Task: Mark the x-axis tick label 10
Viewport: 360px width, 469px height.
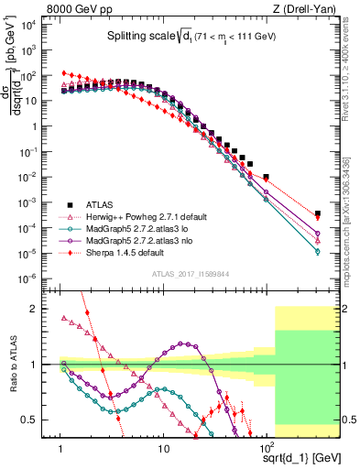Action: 163,450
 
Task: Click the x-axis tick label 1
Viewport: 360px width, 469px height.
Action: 60,450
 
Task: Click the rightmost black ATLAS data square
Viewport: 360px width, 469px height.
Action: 317,213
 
